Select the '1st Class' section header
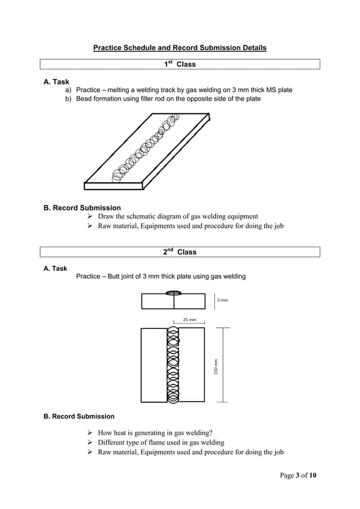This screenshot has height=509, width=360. pos(179,64)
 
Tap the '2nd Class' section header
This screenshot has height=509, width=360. pos(179,252)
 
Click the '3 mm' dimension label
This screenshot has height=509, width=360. pos(222,300)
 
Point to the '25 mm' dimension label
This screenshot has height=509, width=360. pos(189,320)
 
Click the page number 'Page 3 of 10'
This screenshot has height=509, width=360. pos(298,475)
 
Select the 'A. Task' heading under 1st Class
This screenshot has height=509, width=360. pos(56,82)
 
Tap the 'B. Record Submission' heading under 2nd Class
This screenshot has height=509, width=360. pos(79,416)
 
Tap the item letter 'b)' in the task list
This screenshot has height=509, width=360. pos(68,99)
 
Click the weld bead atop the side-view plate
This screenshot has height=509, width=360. pos(173,293)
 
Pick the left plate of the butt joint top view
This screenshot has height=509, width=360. pos(154,365)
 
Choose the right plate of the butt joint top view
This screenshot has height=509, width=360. pos(191,365)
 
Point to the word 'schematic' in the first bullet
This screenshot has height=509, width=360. pos(148,216)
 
